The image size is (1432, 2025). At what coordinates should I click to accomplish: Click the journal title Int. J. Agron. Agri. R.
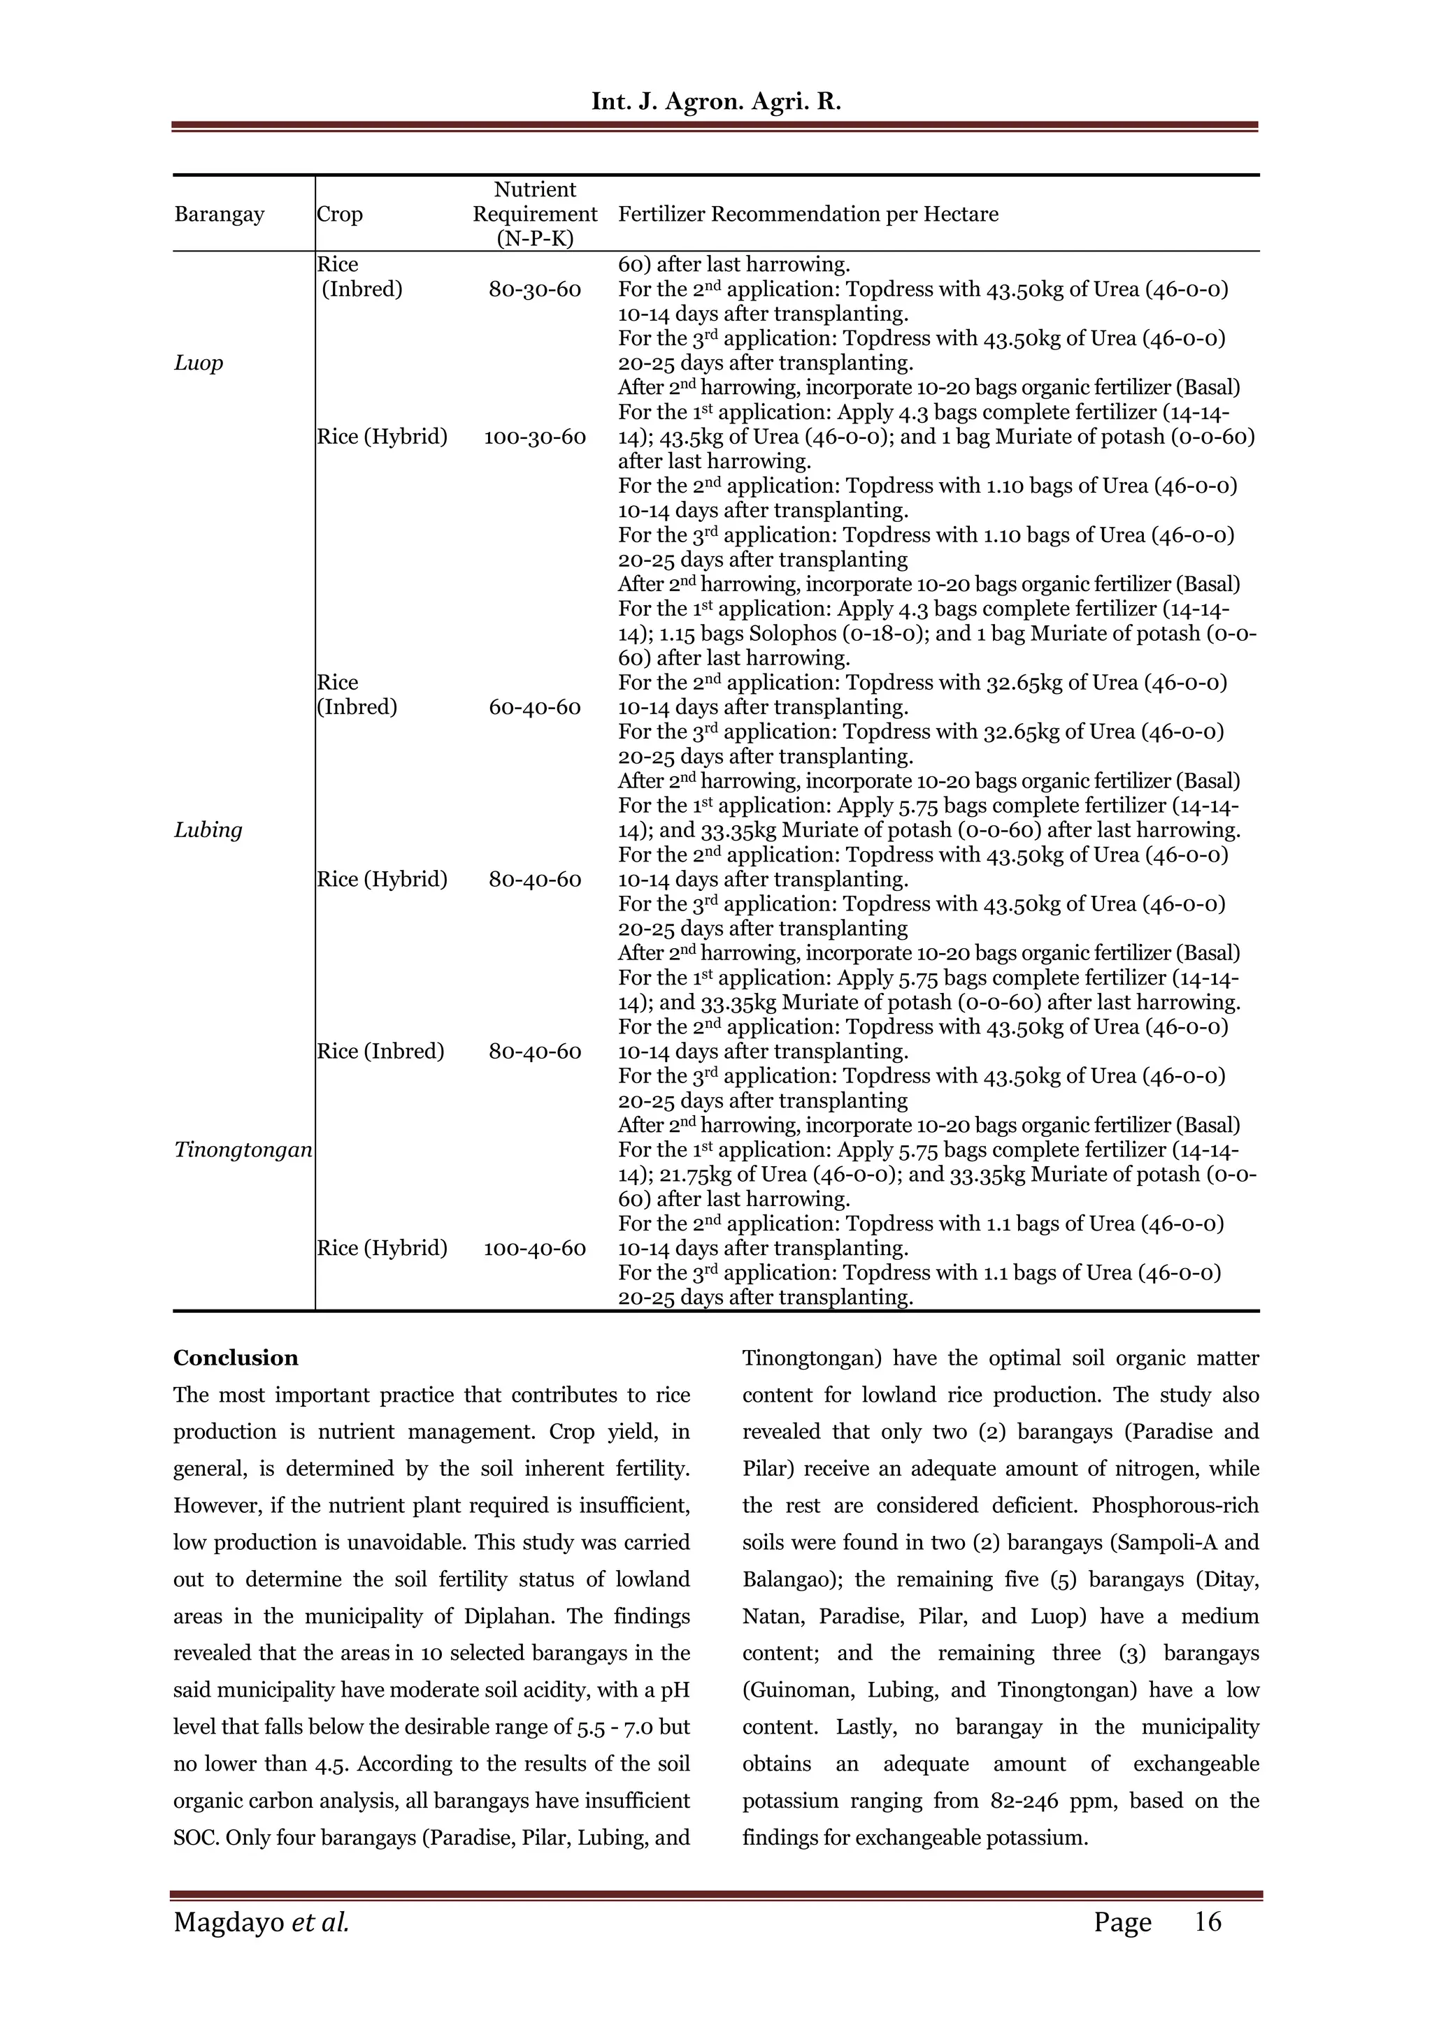pos(715,101)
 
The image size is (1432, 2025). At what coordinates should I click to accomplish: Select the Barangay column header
pos(219,215)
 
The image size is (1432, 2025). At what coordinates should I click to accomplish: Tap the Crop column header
pos(340,215)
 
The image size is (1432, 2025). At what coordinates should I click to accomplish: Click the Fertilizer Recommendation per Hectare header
pos(808,215)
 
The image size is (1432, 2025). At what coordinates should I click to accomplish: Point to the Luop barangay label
pos(199,363)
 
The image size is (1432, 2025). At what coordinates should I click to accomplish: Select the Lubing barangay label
pos(208,830)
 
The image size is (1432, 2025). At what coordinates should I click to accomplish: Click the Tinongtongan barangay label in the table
pos(243,1150)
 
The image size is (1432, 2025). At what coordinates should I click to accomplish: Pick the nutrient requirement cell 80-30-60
pos(535,289)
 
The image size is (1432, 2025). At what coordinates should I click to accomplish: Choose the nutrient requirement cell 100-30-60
pos(535,437)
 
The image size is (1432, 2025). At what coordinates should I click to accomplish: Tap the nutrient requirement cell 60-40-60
pos(535,707)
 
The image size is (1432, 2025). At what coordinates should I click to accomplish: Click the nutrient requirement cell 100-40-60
pos(535,1248)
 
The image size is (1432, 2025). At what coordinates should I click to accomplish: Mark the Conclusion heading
pos(236,1358)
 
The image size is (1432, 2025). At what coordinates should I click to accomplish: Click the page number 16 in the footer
pos(1207,1922)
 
